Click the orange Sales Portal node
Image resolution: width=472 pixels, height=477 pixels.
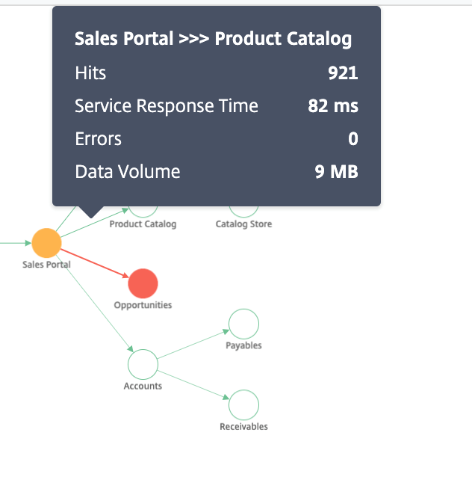coord(46,243)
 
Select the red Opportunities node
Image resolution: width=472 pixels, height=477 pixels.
coord(143,283)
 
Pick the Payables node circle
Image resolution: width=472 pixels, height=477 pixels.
coord(243,309)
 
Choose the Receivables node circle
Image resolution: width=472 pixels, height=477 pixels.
coord(243,390)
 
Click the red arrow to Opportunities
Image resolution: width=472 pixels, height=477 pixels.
coord(95,263)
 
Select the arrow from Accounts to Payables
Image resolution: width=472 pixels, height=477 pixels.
coord(193,344)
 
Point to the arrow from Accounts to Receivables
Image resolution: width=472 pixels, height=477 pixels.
coord(193,384)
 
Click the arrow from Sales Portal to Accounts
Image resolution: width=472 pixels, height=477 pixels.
coord(95,304)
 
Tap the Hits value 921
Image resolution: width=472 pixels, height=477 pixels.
coord(343,73)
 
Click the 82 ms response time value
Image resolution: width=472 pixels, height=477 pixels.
coord(333,106)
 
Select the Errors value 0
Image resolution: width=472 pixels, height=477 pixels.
coord(353,139)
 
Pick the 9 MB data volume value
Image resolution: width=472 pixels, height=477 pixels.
coord(336,171)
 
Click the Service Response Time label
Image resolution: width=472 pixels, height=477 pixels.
coord(167,106)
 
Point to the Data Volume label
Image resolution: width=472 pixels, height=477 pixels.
coord(128,171)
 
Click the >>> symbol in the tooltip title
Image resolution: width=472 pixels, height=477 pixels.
coord(194,39)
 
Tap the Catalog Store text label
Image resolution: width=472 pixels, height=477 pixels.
coord(243,224)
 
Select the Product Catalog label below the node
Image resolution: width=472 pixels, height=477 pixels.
coord(143,224)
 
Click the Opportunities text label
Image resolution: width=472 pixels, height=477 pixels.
coord(143,305)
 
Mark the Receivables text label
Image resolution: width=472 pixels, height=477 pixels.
coord(243,426)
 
